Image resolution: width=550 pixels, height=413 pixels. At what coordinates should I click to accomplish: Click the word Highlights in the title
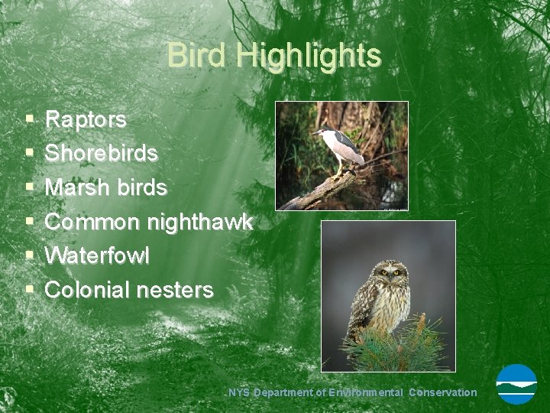308,56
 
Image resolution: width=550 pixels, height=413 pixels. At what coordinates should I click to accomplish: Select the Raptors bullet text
86,119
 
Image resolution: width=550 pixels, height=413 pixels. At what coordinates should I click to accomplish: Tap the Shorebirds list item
102,153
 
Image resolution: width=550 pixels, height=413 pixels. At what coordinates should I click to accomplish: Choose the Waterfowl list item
97,255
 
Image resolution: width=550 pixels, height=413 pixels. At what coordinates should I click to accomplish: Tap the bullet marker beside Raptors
28,120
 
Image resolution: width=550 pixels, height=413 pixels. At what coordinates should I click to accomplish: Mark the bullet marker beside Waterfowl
28,256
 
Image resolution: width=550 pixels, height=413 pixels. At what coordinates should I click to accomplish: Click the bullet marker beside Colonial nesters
28,291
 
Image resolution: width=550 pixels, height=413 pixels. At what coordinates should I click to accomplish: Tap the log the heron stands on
321,191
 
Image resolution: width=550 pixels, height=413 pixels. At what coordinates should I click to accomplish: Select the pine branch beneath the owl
397,348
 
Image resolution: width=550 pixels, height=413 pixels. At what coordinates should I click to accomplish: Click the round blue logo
516,384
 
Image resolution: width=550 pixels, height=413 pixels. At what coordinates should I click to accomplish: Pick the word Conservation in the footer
442,392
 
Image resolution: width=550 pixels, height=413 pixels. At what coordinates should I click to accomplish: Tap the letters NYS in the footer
240,392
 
